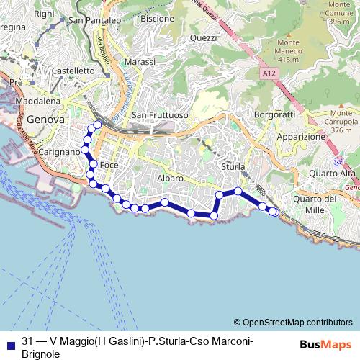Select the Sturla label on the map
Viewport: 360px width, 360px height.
tap(233, 166)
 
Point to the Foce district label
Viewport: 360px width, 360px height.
tap(109, 165)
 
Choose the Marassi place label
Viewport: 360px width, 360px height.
tap(140, 62)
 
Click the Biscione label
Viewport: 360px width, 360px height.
tap(158, 18)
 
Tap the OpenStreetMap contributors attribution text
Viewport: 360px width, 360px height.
tap(297, 322)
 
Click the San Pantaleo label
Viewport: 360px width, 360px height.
tap(94, 21)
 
